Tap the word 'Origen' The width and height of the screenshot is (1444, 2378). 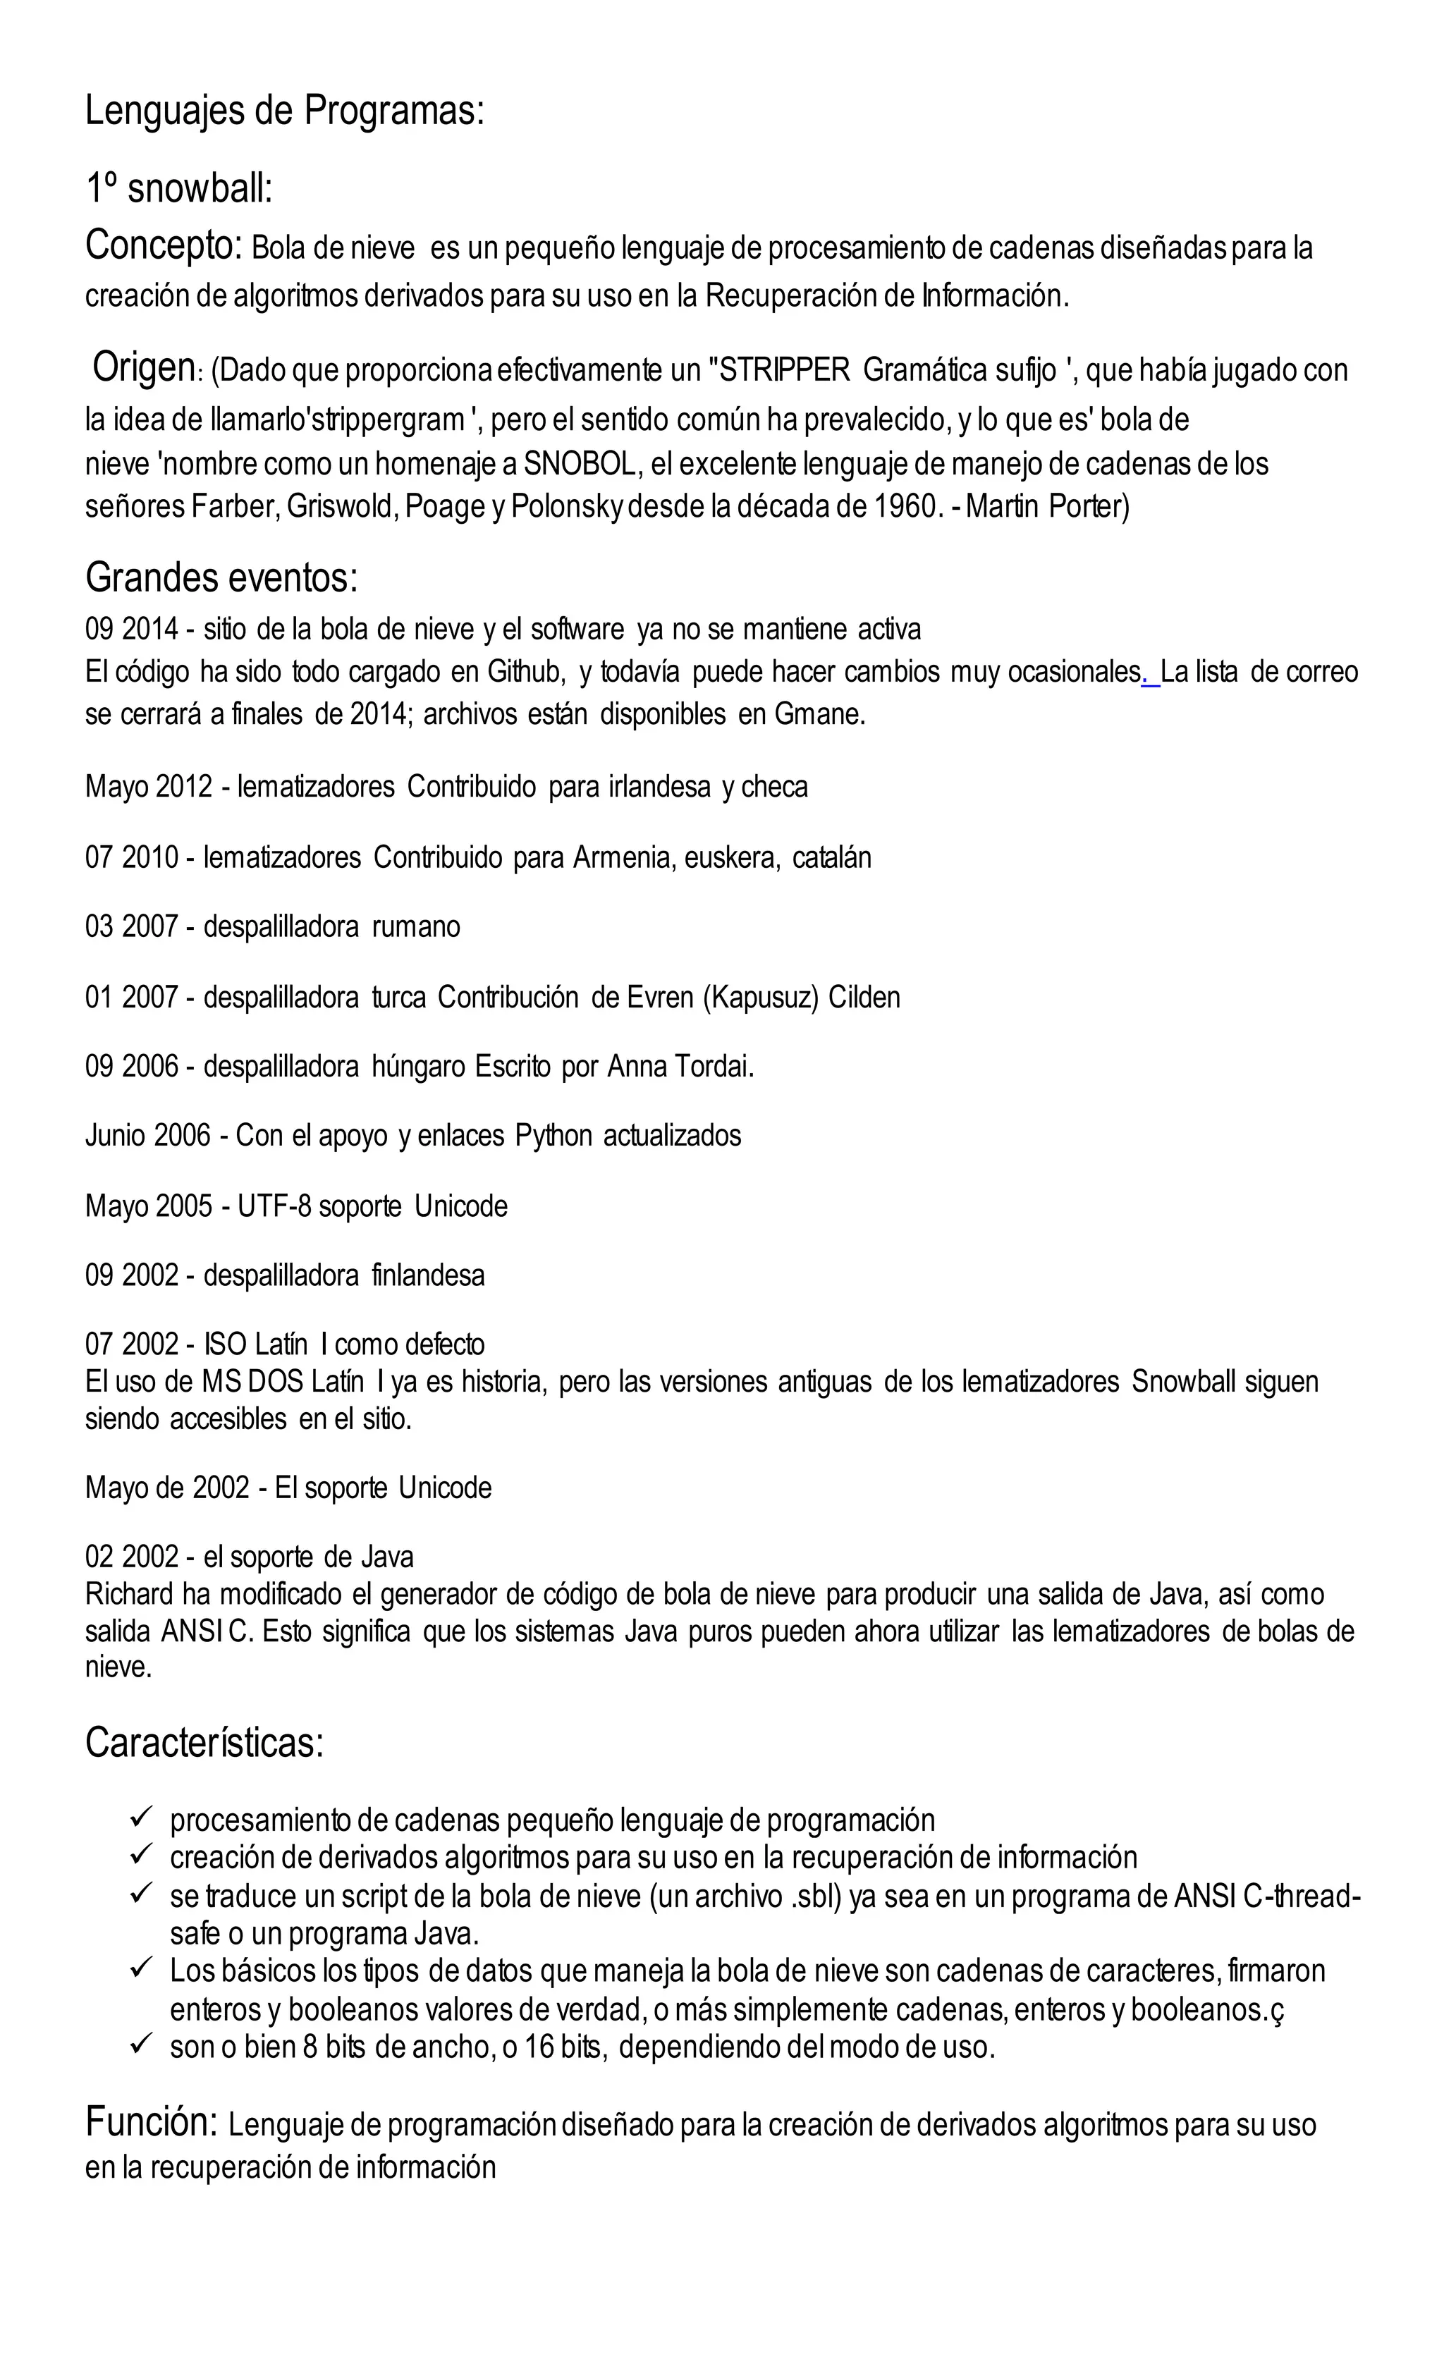pos(143,368)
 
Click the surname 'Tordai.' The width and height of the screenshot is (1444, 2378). pos(712,1067)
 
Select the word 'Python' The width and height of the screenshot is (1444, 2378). pos(553,1136)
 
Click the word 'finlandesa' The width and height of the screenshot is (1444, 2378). pos(427,1276)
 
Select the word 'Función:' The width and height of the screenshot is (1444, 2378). pos(152,2121)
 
